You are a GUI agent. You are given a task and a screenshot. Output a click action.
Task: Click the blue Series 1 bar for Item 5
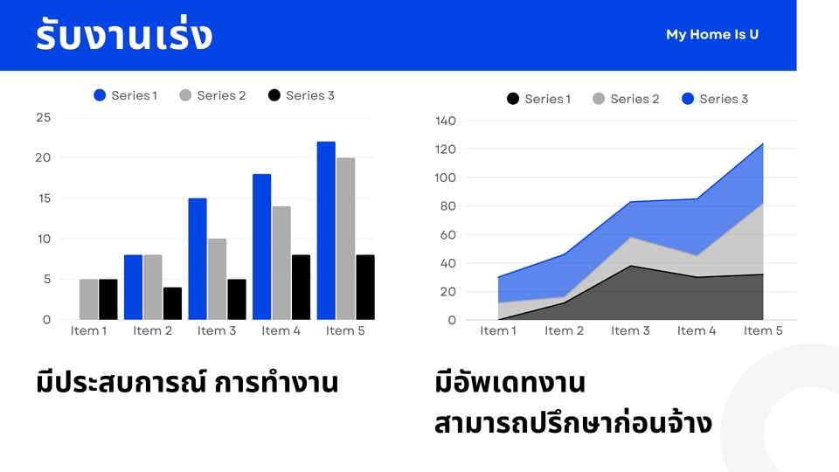(326, 231)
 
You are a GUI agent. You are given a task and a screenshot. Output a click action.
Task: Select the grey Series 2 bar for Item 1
(89, 300)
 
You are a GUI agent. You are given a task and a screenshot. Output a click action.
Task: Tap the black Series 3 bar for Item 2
(172, 303)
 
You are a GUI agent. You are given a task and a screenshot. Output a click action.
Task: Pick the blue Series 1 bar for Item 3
(198, 259)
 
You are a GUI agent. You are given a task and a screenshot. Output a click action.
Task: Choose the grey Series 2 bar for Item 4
(281, 263)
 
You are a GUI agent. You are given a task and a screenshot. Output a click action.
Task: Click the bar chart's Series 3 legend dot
(274, 95)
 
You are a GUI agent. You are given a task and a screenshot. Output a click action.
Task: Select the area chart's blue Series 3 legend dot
(688, 99)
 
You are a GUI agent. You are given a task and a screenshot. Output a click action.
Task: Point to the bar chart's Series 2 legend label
(221, 95)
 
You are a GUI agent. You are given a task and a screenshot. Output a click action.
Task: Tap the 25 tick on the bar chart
(44, 117)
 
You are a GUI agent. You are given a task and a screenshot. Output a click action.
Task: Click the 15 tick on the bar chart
(44, 198)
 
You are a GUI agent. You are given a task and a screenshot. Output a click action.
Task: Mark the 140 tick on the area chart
(446, 121)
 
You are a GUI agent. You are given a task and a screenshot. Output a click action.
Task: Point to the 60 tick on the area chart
(448, 234)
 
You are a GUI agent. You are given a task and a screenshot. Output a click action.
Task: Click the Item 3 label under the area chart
(630, 330)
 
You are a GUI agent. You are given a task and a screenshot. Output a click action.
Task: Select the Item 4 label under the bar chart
(281, 330)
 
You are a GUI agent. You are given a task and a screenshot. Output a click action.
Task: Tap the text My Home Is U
(712, 34)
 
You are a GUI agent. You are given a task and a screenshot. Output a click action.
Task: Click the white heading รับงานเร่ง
(124, 35)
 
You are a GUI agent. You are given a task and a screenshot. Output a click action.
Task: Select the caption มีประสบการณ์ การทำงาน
(187, 382)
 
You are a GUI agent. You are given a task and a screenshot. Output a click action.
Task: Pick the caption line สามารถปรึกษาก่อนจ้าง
(573, 422)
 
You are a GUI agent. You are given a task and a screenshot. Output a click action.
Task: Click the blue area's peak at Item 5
(763, 143)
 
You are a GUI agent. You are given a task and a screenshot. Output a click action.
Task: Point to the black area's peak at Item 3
(630, 266)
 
